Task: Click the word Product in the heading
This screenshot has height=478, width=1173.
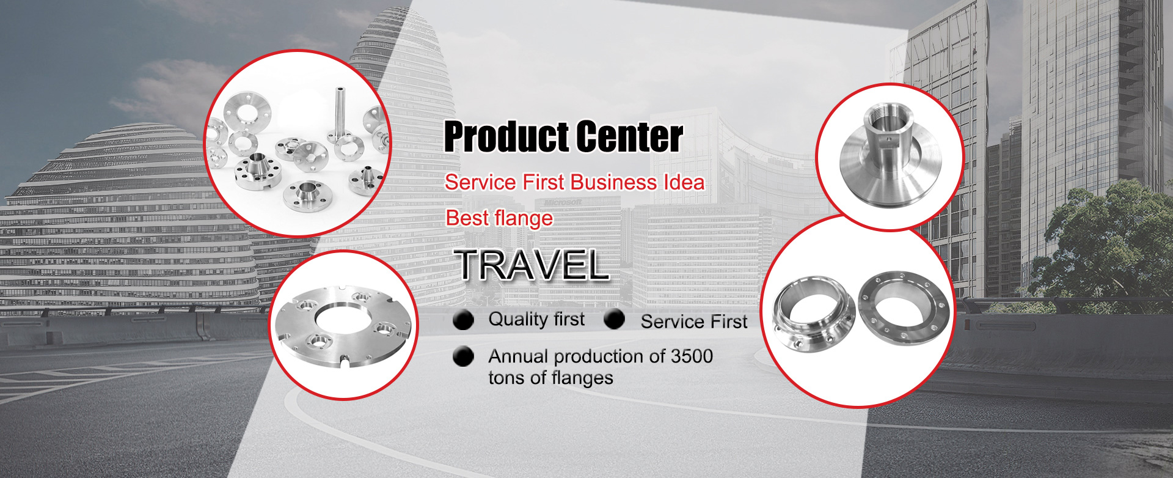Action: pos(506,136)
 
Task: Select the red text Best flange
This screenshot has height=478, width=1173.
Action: pos(499,218)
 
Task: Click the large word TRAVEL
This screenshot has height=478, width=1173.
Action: pos(533,265)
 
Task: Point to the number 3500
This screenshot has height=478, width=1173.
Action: pos(692,356)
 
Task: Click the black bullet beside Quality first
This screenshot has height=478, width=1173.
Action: pos(464,320)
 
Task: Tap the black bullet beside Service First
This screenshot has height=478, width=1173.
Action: pos(615,319)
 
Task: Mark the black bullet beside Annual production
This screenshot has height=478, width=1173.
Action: pos(464,356)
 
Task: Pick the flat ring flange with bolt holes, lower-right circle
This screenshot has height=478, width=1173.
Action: pos(904,308)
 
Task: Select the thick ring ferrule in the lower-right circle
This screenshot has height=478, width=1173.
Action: pos(813,315)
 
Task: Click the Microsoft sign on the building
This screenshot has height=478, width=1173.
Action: pos(563,202)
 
